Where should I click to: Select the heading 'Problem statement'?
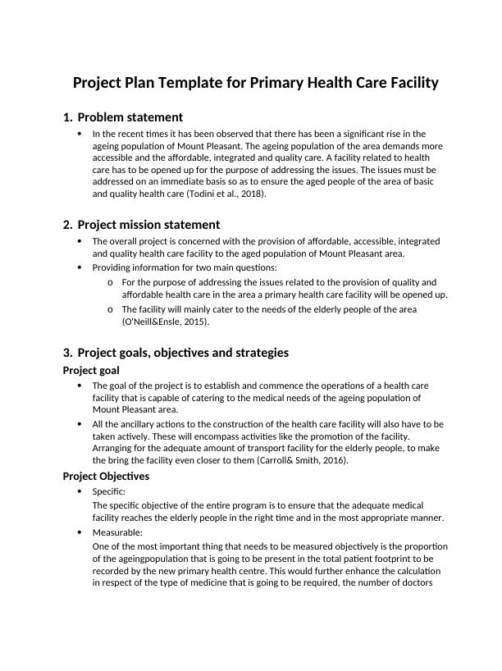pos(130,117)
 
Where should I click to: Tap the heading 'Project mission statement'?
pos(148,225)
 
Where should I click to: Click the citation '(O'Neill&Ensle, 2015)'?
pos(166,322)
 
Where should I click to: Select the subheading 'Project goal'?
pos(91,370)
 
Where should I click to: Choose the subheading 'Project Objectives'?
pos(106,476)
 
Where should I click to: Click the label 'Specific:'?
pos(109,491)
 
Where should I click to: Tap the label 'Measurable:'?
pos(117,532)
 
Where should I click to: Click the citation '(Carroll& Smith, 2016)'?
pos(300,460)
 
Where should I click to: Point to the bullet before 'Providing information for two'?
pos(80,267)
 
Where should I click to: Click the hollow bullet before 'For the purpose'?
pos(110,282)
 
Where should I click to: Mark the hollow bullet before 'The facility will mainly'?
pos(110,309)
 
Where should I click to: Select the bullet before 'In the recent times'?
pos(80,133)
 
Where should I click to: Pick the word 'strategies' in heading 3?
pos(261,353)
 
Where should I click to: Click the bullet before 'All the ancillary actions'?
pos(80,424)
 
